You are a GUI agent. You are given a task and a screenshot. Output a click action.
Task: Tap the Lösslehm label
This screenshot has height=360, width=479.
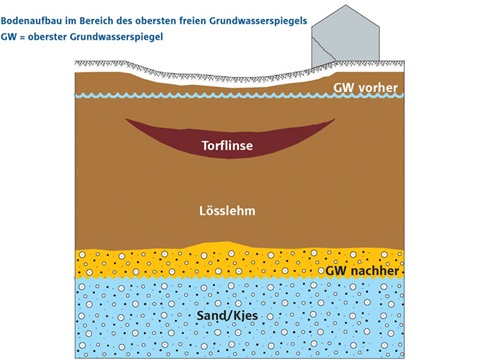pyautogui.click(x=230, y=213)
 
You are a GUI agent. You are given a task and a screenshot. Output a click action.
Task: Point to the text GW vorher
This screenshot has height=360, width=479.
pyautogui.click(x=366, y=88)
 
